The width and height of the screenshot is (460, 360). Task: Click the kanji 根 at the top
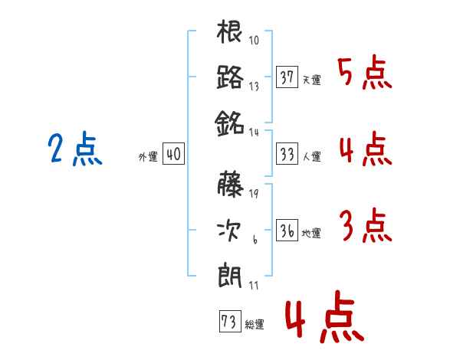click(x=230, y=34)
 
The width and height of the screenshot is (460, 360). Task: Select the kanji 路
click(x=230, y=77)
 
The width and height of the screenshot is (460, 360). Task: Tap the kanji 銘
click(x=230, y=121)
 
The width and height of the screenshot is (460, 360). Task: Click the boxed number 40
click(x=172, y=154)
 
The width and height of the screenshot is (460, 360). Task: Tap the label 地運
click(x=311, y=233)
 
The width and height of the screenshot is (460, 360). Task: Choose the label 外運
click(x=148, y=156)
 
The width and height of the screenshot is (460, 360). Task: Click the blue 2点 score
click(x=74, y=149)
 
